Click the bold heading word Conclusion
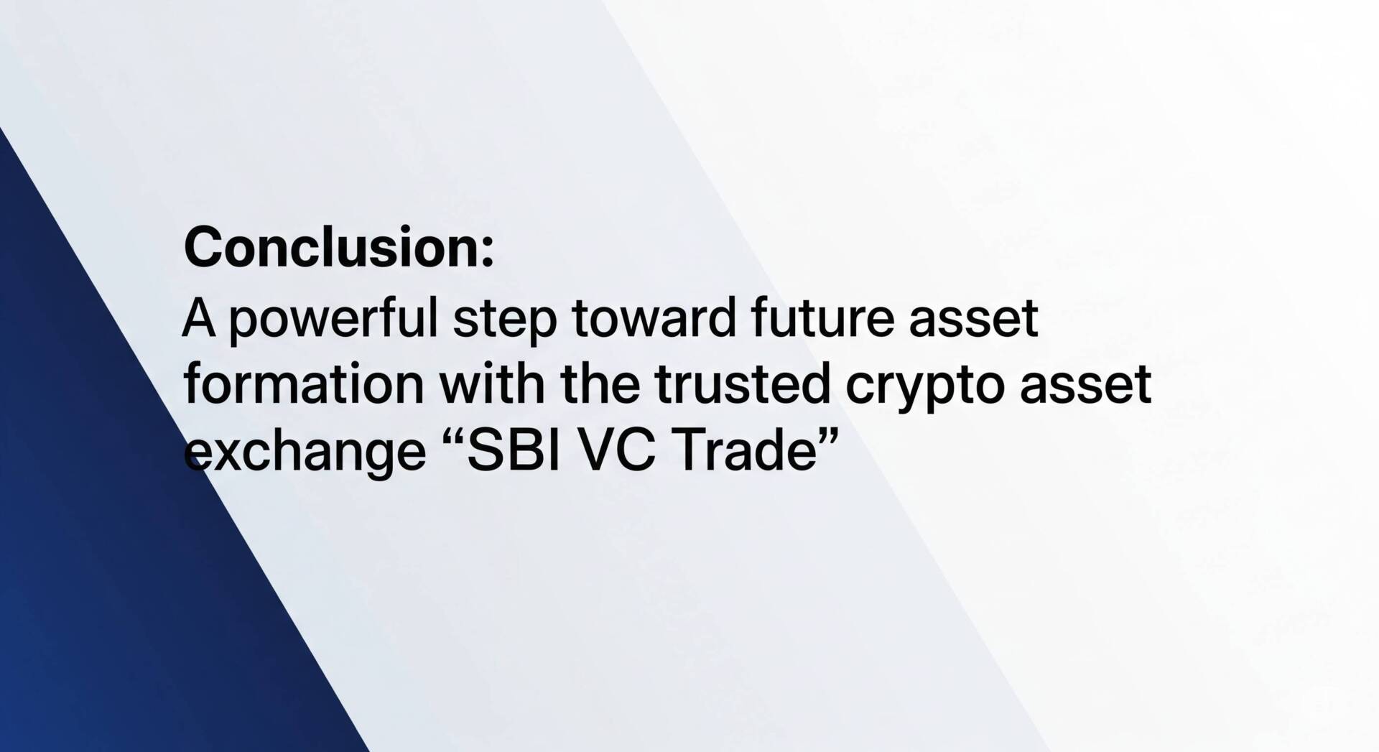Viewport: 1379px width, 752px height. tap(332, 247)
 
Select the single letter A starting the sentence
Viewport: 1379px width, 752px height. tap(199, 317)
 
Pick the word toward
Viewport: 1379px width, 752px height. tap(654, 317)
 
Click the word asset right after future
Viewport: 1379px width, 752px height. tap(973, 320)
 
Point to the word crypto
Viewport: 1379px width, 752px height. tap(924, 389)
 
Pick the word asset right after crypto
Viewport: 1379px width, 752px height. tap(1085, 386)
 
